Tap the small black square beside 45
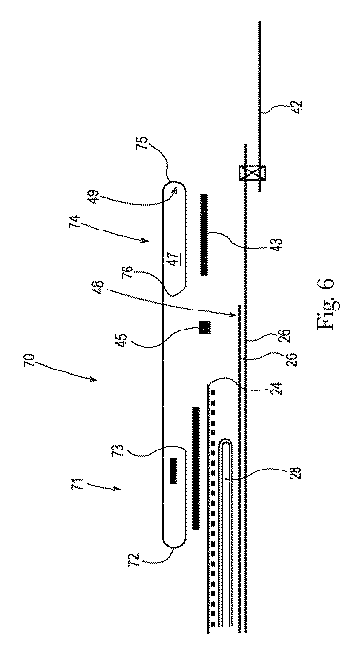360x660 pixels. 205,328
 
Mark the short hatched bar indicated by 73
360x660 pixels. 174,469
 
